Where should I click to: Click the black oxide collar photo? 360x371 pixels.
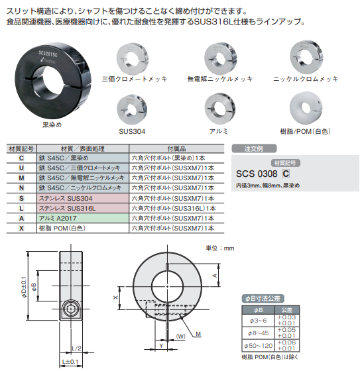click(x=53, y=81)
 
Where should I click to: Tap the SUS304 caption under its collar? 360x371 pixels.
click(x=132, y=132)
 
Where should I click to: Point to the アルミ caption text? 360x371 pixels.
click(x=218, y=131)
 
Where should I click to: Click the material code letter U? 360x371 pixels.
click(x=21, y=168)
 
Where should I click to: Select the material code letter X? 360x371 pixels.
click(x=21, y=229)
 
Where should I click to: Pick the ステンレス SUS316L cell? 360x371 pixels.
click(x=83, y=208)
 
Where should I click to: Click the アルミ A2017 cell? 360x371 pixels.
click(x=83, y=218)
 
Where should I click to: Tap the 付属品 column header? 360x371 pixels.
click(x=176, y=148)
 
